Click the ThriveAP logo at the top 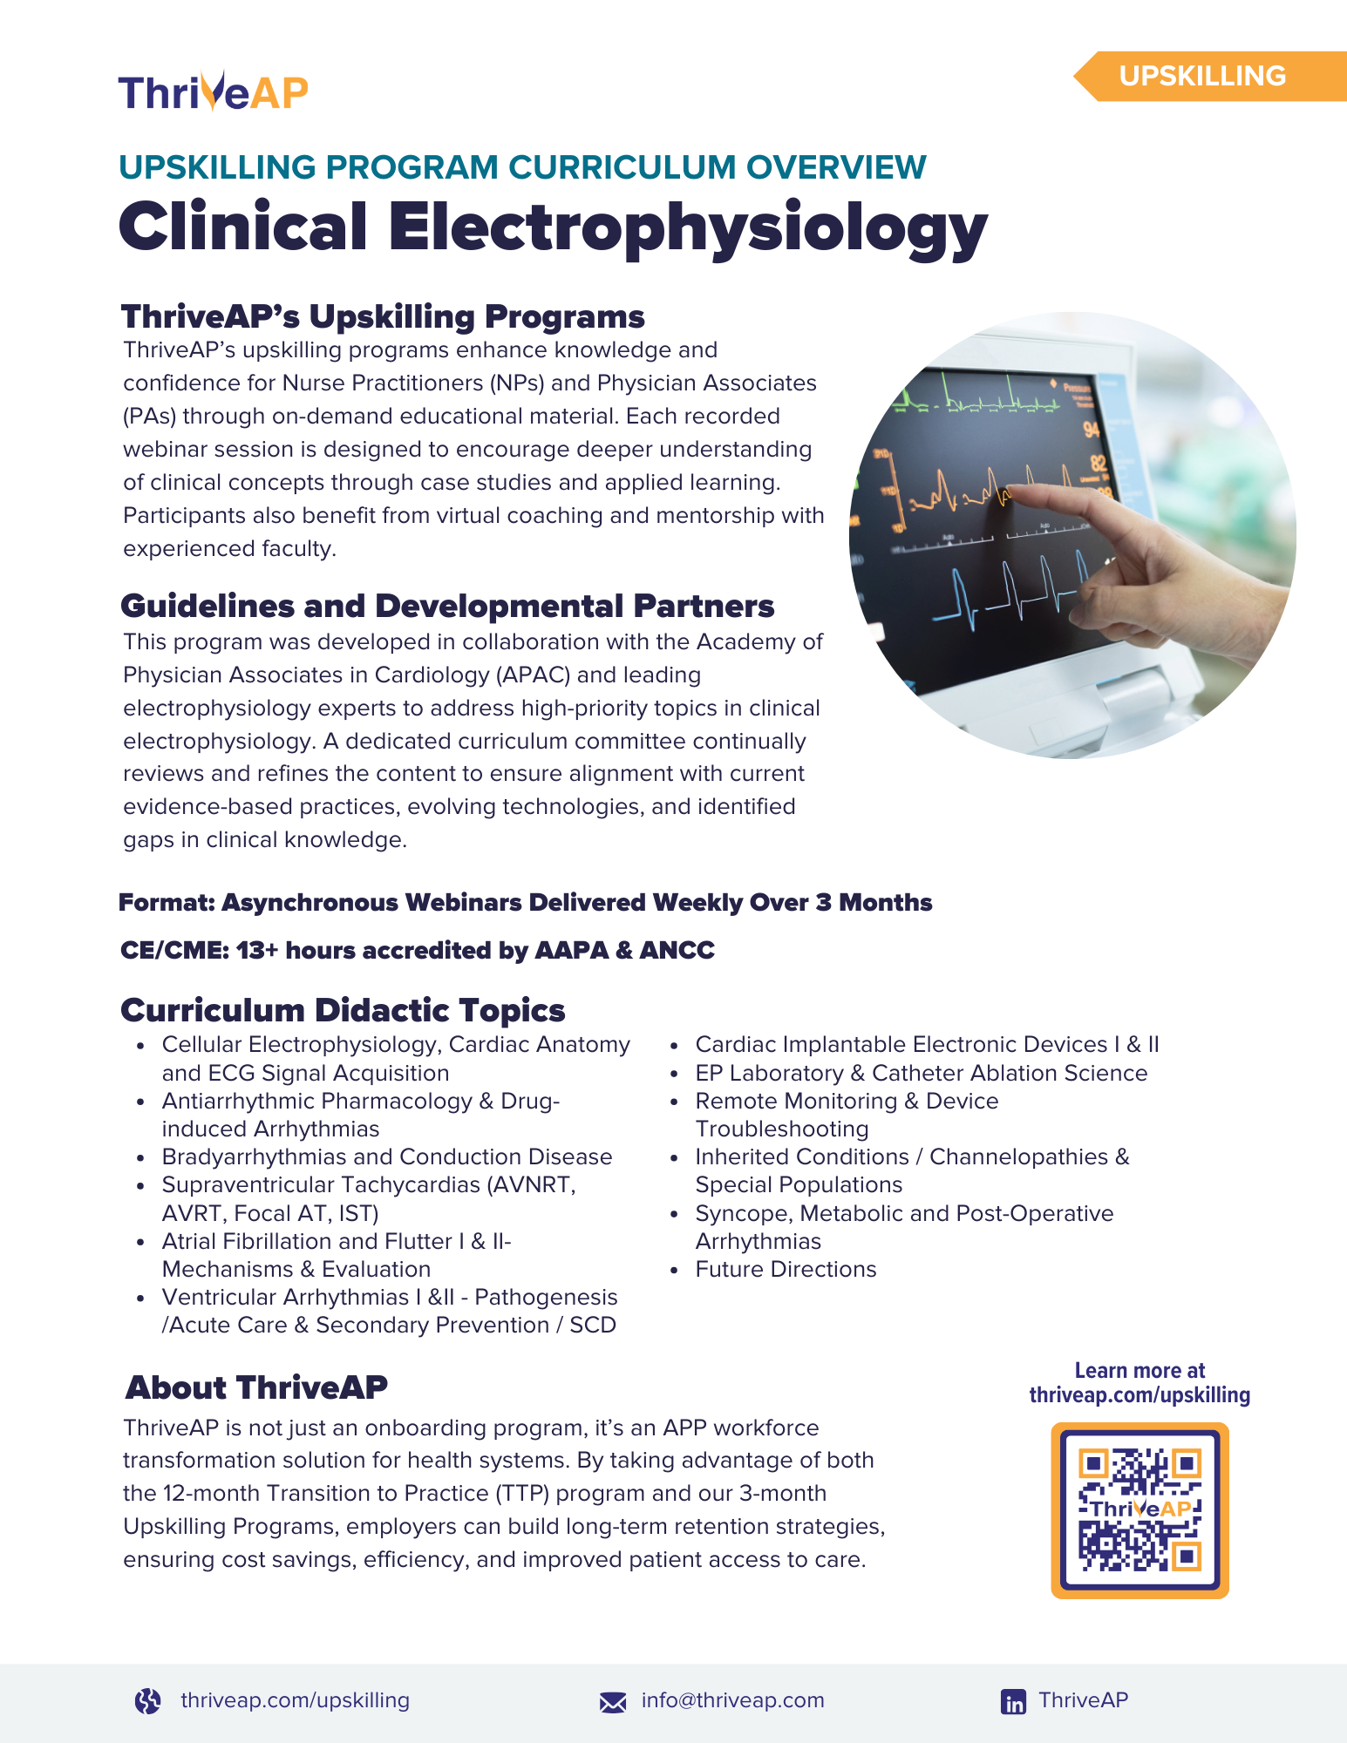214,92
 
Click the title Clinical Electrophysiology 553,227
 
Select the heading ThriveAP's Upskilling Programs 383,316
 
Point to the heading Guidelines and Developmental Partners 447,606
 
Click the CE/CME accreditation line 417,950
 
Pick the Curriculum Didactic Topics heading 343,1010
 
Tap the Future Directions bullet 786,1269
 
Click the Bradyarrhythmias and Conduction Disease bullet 387,1156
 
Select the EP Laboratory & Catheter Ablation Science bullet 921,1073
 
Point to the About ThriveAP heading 256,1387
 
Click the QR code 1140,1510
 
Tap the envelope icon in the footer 613,1701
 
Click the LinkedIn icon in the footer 1013,1701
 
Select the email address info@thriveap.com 732,1700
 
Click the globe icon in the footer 148,1700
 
